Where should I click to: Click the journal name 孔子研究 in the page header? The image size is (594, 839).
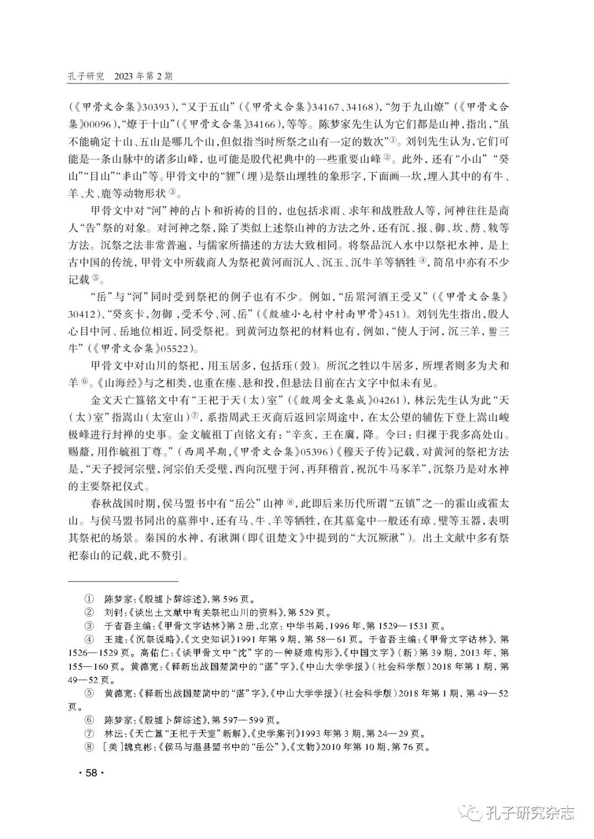pos(85,76)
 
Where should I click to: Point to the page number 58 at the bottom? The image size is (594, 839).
pos(91,773)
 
